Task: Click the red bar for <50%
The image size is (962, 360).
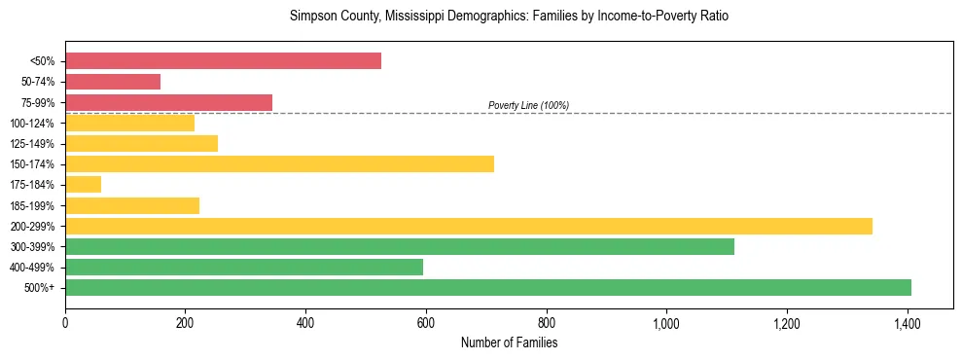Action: [x=223, y=61]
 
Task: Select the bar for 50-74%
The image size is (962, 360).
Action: [x=113, y=82]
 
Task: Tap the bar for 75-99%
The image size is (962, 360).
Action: [x=168, y=102]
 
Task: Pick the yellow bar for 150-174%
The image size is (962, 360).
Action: [x=279, y=163]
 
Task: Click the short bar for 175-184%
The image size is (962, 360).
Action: [x=83, y=184]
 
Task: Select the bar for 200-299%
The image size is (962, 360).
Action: [x=468, y=226]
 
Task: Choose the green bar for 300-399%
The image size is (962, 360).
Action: [x=399, y=246]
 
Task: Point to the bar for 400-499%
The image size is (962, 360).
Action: [x=243, y=267]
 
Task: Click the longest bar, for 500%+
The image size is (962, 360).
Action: [x=487, y=287]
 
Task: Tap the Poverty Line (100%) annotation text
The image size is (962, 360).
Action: [x=528, y=105]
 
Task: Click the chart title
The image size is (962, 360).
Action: [x=509, y=17]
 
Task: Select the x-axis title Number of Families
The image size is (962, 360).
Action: [x=509, y=342]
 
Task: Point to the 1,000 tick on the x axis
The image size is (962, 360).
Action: [x=666, y=320]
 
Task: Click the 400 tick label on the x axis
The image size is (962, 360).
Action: [x=305, y=320]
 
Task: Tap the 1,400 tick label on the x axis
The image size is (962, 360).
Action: [x=907, y=320]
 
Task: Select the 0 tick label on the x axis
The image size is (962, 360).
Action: [x=65, y=320]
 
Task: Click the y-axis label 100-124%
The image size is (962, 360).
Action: [x=32, y=124]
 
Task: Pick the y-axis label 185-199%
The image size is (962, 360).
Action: [x=32, y=205]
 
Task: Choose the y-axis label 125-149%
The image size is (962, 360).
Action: [x=32, y=144]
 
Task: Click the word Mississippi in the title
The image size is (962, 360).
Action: [x=406, y=17]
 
